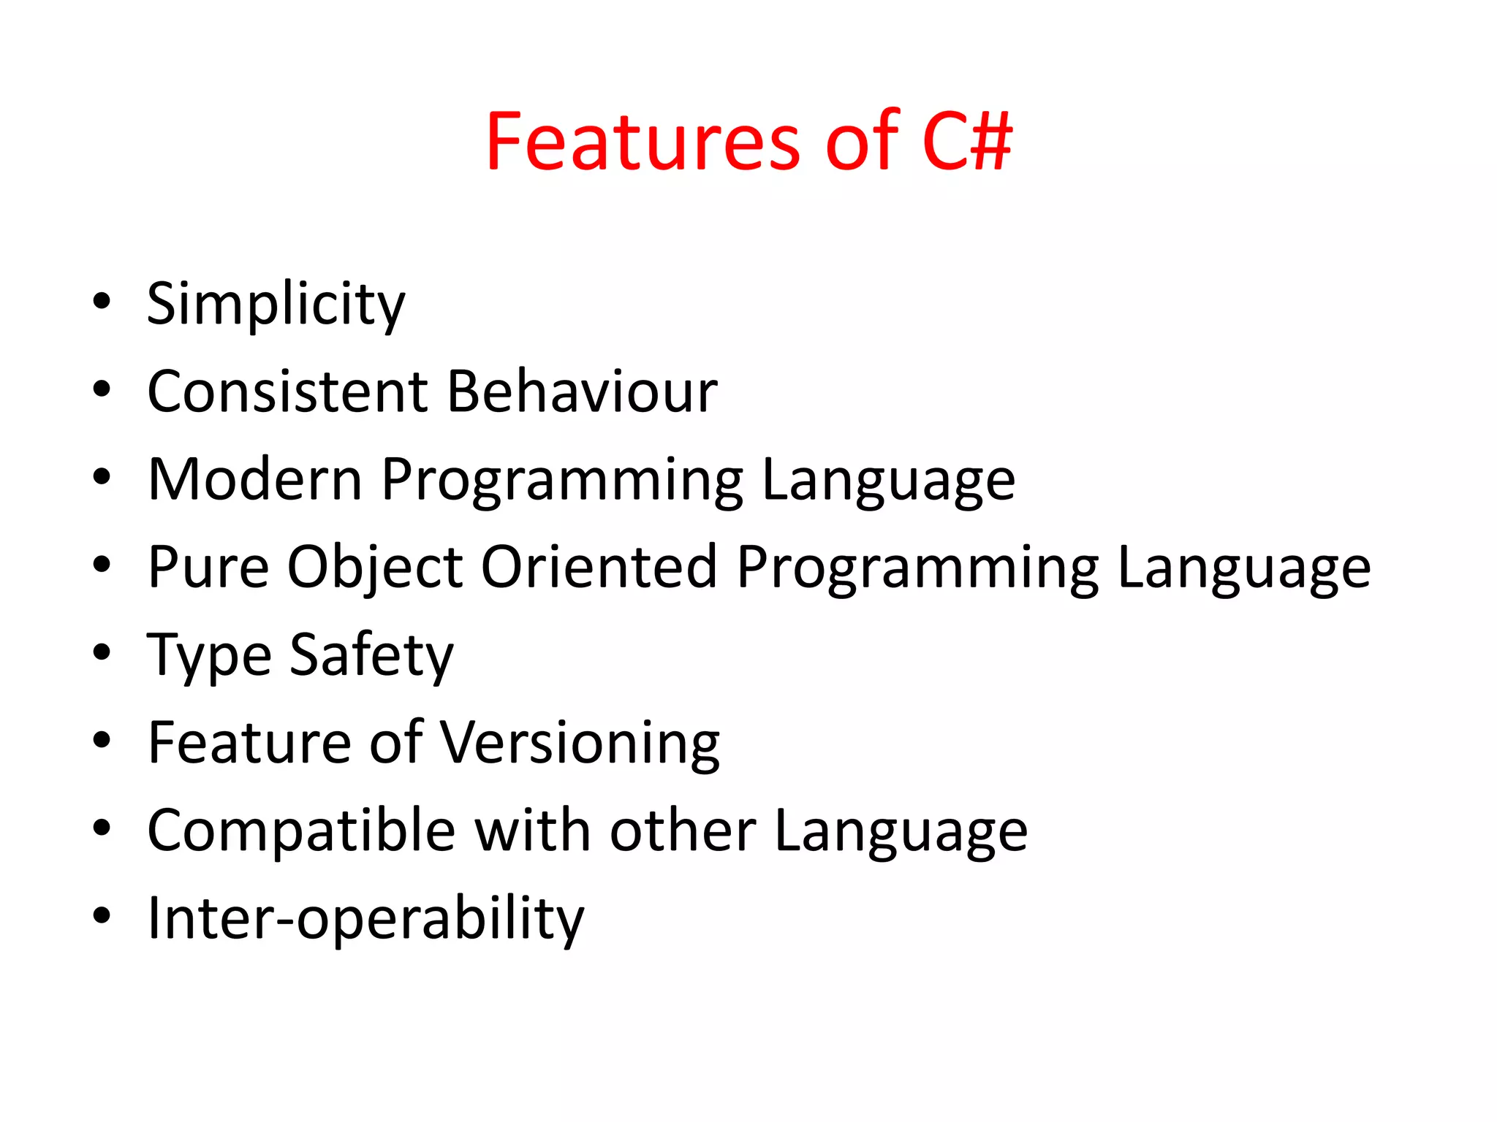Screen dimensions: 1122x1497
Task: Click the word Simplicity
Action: tap(276, 304)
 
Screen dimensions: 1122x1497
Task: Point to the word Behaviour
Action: tap(582, 392)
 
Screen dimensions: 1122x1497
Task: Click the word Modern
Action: tap(255, 480)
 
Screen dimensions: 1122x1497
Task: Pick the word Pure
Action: tap(208, 568)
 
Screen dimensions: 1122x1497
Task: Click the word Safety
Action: tap(371, 655)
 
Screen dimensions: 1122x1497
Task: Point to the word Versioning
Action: tap(580, 743)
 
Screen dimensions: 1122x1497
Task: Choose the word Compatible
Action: tap(301, 831)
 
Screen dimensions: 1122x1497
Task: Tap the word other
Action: tap(683, 831)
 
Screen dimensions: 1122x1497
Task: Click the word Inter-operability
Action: tap(365, 918)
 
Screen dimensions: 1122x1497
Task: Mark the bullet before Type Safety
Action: tap(102, 652)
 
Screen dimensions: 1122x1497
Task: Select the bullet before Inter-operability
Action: tap(102, 915)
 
